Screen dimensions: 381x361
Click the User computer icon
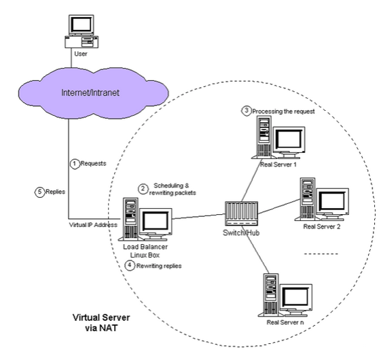(x=81, y=31)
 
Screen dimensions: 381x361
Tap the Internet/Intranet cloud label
(x=90, y=92)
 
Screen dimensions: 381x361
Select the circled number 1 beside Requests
(x=75, y=164)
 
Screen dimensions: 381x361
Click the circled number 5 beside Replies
(x=40, y=192)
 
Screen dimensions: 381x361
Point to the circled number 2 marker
(x=143, y=189)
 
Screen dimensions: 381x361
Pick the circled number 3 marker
(x=246, y=111)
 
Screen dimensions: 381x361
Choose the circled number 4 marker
(x=130, y=265)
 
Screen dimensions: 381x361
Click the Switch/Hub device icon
(x=241, y=213)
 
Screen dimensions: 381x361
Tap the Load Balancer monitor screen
(x=156, y=221)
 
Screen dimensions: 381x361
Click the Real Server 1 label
(x=278, y=165)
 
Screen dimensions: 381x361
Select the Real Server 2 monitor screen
(x=332, y=201)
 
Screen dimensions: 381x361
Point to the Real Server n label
(x=285, y=322)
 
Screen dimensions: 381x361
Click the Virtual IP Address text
(x=93, y=225)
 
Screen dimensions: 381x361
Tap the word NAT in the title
(x=109, y=328)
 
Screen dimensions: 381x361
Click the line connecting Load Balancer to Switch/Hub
(x=199, y=216)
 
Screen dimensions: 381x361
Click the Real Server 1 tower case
(x=264, y=137)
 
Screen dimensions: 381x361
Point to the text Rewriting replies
(x=159, y=266)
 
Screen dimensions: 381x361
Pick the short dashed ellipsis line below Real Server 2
(x=321, y=254)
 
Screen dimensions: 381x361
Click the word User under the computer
(x=81, y=54)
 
